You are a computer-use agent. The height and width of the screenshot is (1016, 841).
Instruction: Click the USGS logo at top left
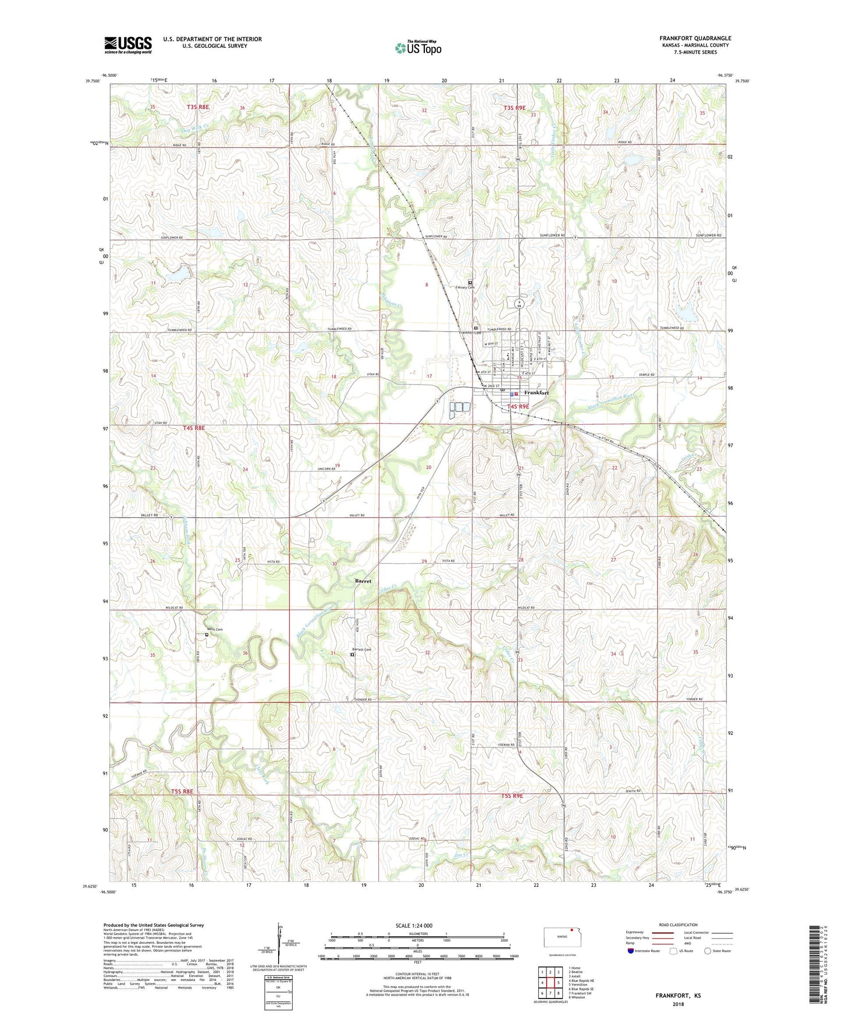128,44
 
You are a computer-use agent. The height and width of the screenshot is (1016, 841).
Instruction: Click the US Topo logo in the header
418,48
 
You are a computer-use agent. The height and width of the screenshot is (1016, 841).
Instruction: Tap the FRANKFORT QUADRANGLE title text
695,38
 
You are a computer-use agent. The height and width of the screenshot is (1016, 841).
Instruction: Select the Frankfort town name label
536,393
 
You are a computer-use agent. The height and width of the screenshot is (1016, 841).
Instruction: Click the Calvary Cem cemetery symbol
470,283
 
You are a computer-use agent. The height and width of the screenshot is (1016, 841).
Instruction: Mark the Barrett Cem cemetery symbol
352,654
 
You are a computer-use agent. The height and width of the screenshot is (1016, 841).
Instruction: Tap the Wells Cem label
215,629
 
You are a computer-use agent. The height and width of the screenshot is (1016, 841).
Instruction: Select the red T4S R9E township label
519,406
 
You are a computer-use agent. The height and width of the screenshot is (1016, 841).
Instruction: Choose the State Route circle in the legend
708,951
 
